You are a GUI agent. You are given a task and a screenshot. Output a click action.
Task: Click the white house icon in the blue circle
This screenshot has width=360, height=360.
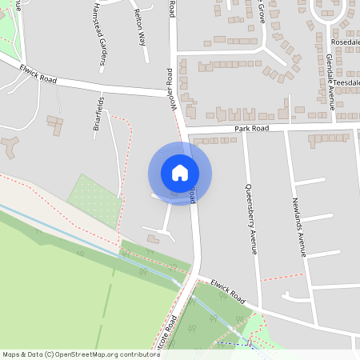pyautogui.click(x=180, y=173)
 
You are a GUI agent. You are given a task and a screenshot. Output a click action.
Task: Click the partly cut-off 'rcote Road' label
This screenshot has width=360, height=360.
pyautogui.click(x=169, y=330)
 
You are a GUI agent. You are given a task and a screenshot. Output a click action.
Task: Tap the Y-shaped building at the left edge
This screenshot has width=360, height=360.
pyautogui.click(x=9, y=146)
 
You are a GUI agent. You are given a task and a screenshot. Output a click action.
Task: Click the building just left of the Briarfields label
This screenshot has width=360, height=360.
pyautogui.click(x=55, y=126)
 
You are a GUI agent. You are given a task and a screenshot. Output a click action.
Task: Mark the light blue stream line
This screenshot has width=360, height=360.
pyautogui.click(x=88, y=239)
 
